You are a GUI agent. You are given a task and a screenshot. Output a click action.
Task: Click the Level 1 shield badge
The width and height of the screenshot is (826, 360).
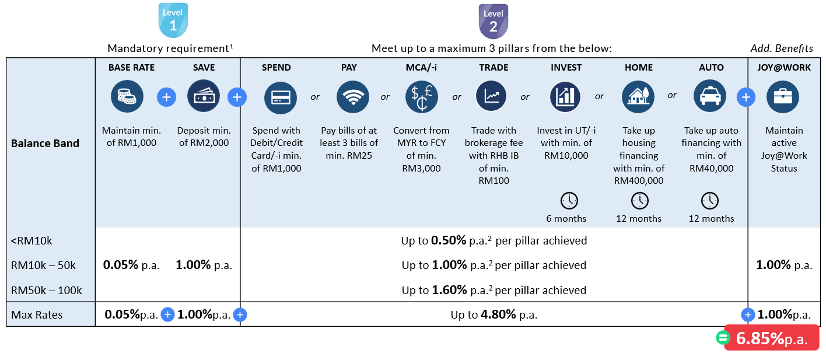173,21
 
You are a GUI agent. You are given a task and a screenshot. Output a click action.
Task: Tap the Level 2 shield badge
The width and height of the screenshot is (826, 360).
493,21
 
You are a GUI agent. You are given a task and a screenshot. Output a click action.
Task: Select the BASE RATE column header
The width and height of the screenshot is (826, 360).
131,68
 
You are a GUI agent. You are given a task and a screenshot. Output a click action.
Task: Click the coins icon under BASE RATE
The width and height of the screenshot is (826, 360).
127,97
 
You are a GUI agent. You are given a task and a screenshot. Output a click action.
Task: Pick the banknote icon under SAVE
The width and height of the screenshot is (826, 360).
204,97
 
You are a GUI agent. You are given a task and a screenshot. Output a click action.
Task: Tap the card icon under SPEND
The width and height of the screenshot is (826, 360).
281,97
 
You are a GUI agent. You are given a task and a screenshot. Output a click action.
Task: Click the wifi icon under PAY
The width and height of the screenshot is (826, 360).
352,97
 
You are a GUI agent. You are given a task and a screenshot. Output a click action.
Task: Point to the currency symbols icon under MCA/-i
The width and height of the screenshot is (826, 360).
421,97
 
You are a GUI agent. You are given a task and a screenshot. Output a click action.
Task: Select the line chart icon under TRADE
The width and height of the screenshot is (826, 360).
491,97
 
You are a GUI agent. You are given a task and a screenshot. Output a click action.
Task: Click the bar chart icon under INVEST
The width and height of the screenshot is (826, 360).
566,97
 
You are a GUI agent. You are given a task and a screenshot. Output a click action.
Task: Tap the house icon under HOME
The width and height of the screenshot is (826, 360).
638,97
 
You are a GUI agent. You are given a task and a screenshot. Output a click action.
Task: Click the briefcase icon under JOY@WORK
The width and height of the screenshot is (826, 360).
782,97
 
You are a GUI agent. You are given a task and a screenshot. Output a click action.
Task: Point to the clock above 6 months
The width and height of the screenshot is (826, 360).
568,201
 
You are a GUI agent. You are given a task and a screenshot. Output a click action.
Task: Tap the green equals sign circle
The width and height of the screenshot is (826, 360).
723,338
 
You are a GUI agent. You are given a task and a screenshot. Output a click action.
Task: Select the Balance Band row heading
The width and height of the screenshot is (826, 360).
45,144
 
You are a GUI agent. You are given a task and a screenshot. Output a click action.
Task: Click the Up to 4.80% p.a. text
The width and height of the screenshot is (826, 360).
494,315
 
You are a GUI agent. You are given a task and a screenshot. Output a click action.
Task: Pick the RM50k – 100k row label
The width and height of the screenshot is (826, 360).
47,290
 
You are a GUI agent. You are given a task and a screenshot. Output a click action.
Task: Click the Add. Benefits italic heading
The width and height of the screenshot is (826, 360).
781,48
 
